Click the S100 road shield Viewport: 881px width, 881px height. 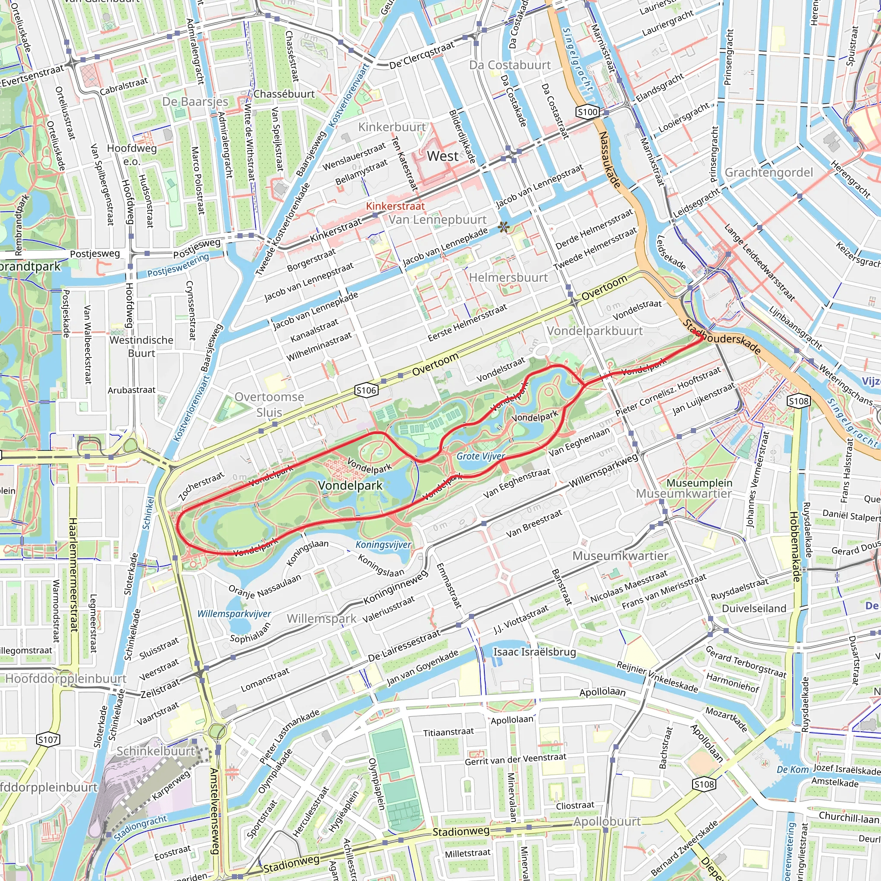click(x=587, y=112)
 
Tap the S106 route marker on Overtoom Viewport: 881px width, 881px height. click(x=366, y=390)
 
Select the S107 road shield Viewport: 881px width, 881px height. click(x=48, y=739)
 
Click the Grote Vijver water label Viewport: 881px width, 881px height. click(x=481, y=456)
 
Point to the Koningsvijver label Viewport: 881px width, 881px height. click(x=383, y=545)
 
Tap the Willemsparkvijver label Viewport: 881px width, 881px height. click(x=234, y=614)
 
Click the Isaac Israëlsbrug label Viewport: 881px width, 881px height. click(x=534, y=652)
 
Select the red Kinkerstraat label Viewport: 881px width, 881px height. click(x=395, y=206)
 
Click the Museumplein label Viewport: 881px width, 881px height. click(x=699, y=483)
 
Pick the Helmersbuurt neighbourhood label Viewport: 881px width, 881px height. click(x=508, y=277)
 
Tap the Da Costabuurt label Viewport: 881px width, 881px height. click(x=510, y=65)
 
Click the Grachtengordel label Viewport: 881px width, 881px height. click(x=769, y=173)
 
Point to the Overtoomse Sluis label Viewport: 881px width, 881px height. click(x=269, y=404)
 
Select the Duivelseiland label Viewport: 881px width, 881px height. click(x=754, y=608)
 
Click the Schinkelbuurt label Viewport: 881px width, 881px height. click(x=155, y=751)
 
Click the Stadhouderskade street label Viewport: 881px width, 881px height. click(x=722, y=336)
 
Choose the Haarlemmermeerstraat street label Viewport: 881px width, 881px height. click(x=74, y=575)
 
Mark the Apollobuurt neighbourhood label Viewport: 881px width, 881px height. click(x=607, y=821)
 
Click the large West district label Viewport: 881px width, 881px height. click(x=442, y=156)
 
